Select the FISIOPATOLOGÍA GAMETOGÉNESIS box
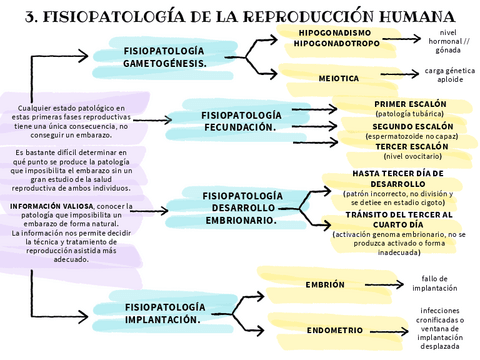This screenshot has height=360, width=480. point(164,56)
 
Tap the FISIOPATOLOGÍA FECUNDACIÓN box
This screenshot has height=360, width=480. point(240,121)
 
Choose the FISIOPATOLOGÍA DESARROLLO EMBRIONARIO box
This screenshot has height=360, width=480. point(240,207)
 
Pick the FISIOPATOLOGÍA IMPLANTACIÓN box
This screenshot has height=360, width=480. point(164,312)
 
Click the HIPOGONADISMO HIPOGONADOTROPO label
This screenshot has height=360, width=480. point(337,38)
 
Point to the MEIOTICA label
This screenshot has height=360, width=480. point(339,77)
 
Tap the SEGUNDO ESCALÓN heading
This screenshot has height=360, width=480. point(412,127)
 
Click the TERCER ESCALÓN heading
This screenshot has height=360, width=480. point(412,146)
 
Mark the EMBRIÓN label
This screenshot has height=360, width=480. point(326,285)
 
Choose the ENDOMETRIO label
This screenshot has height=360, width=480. point(335,329)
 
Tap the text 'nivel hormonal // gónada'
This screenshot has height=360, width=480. point(448,39)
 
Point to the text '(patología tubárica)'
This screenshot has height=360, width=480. point(411,114)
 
